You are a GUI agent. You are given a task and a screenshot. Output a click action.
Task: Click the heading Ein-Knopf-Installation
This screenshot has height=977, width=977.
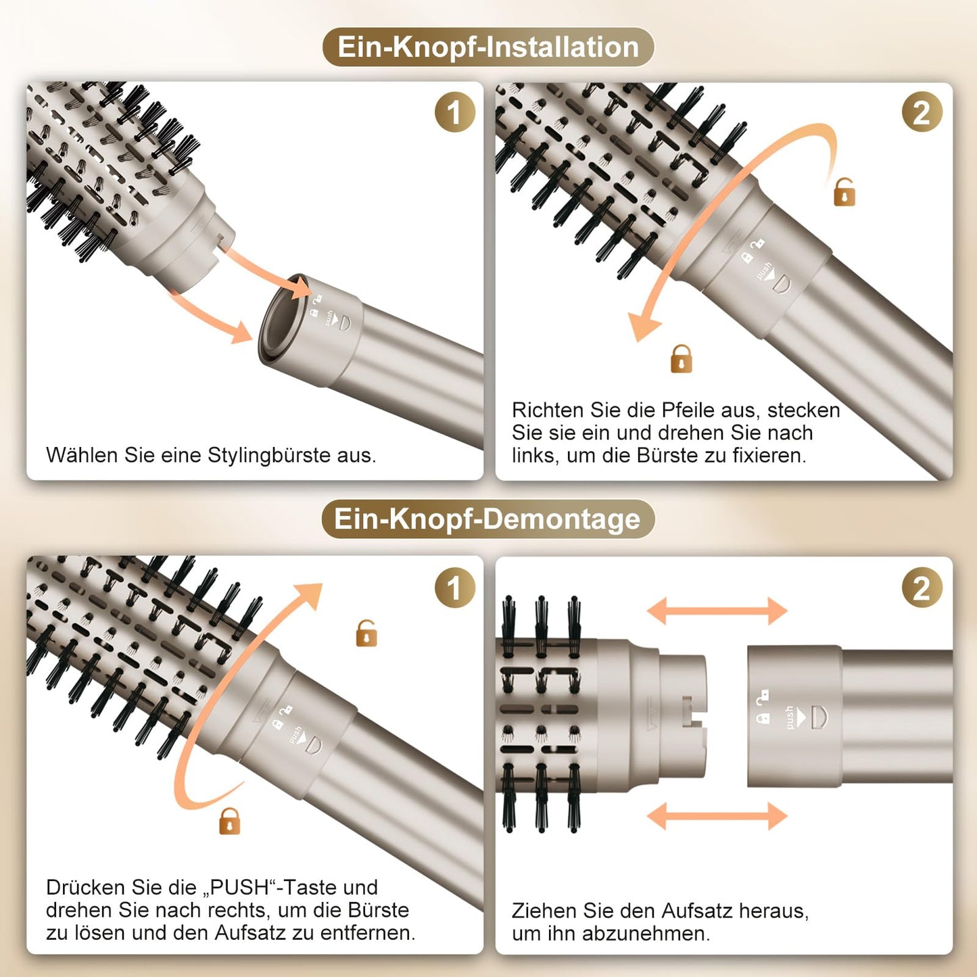pos(487,47)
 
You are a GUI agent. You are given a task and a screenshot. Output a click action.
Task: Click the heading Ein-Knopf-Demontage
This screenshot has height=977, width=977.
pos(487,519)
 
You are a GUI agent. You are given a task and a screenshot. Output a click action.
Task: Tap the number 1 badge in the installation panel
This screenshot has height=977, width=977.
pos(454,112)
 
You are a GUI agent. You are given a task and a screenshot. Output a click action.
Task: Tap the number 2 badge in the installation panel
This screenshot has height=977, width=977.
pos(922,112)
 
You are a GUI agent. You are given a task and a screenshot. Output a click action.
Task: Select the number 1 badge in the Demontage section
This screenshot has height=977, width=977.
pos(454,588)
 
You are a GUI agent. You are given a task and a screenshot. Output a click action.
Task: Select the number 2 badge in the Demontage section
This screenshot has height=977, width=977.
pos(922,588)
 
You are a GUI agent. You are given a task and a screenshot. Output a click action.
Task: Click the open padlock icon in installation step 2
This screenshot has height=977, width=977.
pos(844,192)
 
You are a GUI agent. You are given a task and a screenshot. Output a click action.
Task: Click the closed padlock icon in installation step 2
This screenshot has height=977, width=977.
pos(681,359)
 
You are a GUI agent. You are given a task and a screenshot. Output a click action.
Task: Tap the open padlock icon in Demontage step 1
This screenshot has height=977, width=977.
pos(366,634)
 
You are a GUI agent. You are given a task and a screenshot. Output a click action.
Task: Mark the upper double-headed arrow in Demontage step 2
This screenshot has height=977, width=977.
pos(717,611)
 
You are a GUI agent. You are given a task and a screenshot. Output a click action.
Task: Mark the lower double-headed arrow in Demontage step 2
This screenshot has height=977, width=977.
pos(717,816)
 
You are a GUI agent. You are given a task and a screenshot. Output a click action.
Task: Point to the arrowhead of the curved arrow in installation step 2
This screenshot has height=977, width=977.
pos(642,327)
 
